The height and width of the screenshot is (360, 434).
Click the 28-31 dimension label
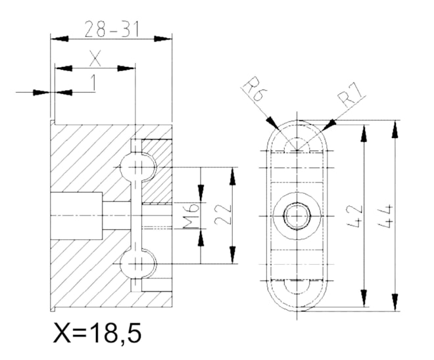click(x=111, y=29)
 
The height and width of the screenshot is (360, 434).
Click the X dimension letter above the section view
click(x=95, y=58)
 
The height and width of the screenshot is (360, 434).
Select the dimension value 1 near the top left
click(x=93, y=83)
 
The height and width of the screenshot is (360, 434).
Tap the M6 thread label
click(x=191, y=216)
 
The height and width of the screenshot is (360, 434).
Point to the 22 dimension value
click(x=223, y=215)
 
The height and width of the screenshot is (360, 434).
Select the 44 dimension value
click(x=385, y=216)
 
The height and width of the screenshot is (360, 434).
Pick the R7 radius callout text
click(x=349, y=95)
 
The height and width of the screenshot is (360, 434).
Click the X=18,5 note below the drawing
click(x=97, y=332)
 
